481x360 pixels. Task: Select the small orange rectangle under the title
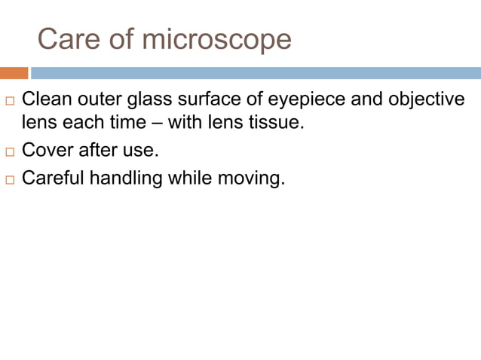[14, 73]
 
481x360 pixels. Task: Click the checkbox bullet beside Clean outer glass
[10, 100]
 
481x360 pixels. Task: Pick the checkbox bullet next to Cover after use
[10, 151]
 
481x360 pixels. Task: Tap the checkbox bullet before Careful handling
[10, 180]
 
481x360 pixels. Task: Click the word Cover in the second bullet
[45, 150]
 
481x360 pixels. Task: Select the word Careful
[52, 178]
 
